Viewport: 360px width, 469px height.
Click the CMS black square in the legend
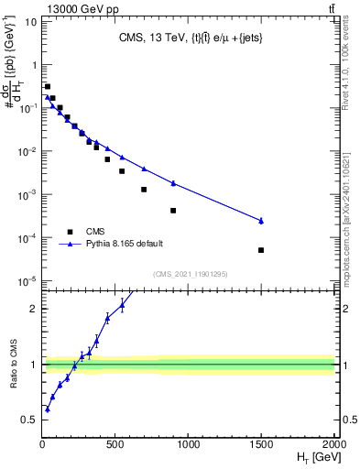tap(69, 231)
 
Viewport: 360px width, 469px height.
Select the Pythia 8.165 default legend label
tap(125, 245)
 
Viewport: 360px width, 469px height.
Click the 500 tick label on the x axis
tap(115, 446)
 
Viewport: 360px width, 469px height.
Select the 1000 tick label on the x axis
tap(189, 446)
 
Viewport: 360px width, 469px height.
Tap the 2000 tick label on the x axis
tap(333, 446)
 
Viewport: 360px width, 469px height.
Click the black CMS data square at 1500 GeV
tap(261, 250)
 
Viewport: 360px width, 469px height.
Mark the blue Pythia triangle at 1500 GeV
tap(261, 221)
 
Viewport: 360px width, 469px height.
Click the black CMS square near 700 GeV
tap(144, 190)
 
